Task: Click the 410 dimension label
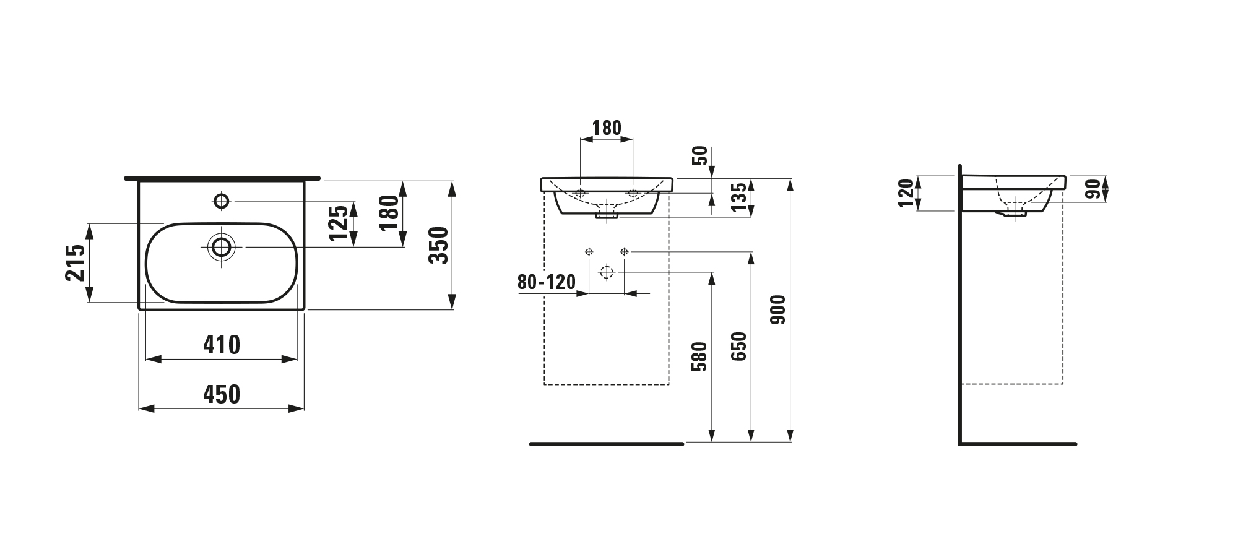(222, 345)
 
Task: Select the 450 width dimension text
(222, 394)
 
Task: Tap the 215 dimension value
(76, 262)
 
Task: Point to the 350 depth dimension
(438, 245)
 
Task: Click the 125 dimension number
(338, 223)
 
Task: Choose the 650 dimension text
(738, 347)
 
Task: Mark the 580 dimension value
(699, 356)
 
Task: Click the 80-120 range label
(547, 282)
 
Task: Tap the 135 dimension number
(739, 196)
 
